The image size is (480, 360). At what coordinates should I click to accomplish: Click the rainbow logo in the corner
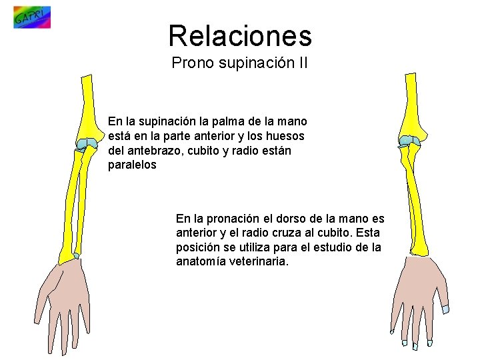[31, 17]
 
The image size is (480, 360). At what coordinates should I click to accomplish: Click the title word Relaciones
[239, 35]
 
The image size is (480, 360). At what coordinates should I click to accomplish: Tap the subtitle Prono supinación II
[239, 63]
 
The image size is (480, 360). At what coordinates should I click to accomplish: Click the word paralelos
[132, 165]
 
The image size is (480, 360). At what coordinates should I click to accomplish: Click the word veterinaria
[259, 261]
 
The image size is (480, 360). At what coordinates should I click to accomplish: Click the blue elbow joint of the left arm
[86, 143]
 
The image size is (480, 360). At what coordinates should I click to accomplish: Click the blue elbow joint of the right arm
[409, 141]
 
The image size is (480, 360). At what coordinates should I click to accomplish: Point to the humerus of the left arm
[87, 107]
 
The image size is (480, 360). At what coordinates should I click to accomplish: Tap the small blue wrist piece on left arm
[77, 255]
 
